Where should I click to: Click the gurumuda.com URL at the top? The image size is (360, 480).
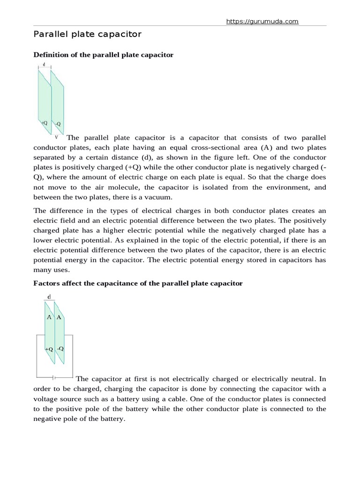point(262,21)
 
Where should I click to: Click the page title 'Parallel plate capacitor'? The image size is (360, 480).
point(87,34)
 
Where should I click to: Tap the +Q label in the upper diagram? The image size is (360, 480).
point(45,123)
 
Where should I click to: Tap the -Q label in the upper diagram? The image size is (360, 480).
point(58,124)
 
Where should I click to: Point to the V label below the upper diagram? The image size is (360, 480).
point(56,137)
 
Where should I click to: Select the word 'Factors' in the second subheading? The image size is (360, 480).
point(46,284)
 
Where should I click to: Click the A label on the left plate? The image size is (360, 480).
point(49,317)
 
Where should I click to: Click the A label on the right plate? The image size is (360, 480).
point(59,317)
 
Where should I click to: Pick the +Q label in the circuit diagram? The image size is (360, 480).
point(49,349)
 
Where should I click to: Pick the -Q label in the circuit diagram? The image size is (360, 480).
point(60,349)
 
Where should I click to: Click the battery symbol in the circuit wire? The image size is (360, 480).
point(54,377)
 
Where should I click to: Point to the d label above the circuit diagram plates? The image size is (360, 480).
point(50,296)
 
